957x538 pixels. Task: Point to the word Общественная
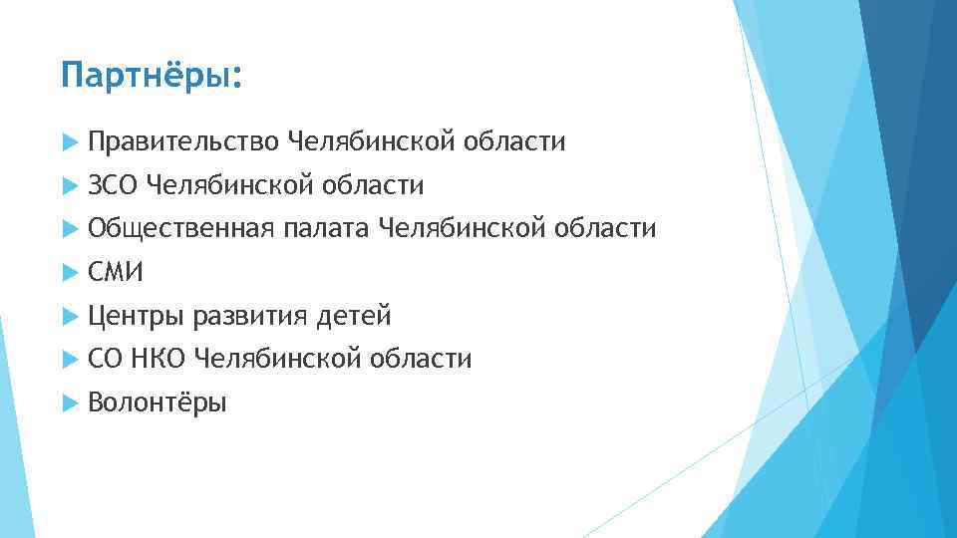click(x=180, y=230)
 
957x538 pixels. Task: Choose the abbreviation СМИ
click(x=116, y=273)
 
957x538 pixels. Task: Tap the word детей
click(x=354, y=317)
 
